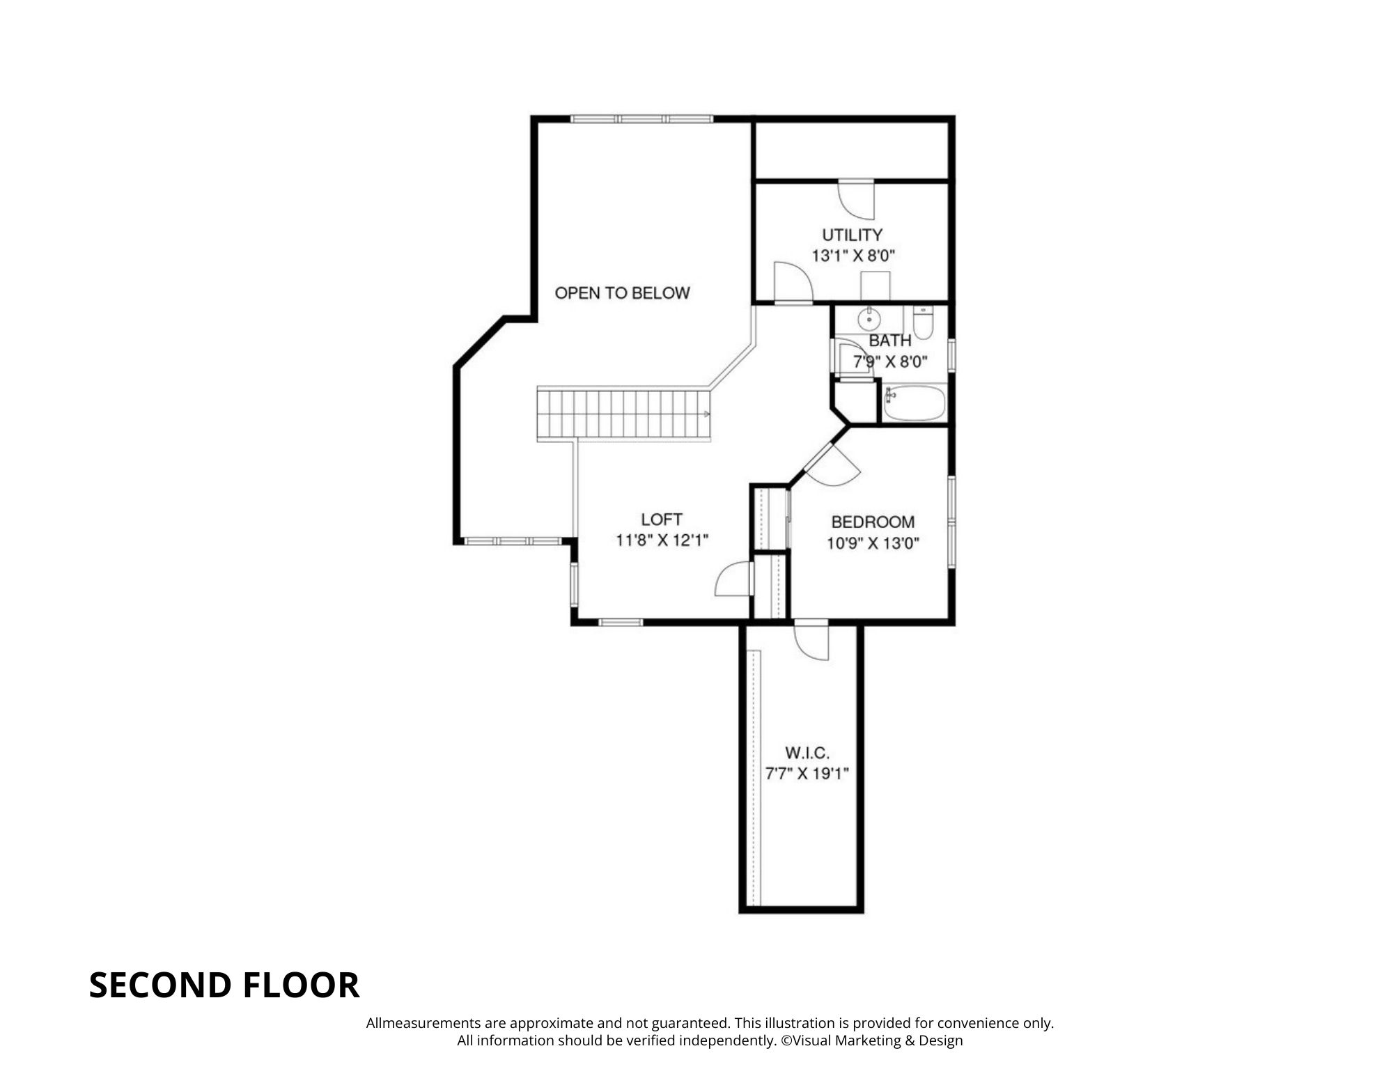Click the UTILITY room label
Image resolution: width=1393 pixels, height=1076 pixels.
(852, 235)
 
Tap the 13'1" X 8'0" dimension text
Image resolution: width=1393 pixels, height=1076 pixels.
(853, 256)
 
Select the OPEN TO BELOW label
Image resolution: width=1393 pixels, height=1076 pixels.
(622, 293)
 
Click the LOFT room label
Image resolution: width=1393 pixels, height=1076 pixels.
(662, 520)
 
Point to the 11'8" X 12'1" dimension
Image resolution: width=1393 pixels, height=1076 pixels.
(662, 540)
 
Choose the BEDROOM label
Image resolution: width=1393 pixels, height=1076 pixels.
(873, 522)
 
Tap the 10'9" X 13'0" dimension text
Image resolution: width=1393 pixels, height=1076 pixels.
(873, 543)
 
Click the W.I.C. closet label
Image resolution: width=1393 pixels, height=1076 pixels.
(807, 753)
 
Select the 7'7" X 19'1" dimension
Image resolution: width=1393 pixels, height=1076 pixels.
(807, 774)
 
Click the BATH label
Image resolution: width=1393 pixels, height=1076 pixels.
(890, 341)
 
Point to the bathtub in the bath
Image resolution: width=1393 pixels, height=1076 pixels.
(915, 404)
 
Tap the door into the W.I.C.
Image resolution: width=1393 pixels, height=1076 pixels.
(811, 639)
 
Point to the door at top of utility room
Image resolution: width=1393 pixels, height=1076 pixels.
(856, 200)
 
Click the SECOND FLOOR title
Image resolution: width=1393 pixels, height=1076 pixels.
(224, 985)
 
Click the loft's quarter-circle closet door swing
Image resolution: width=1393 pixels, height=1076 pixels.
(734, 579)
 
